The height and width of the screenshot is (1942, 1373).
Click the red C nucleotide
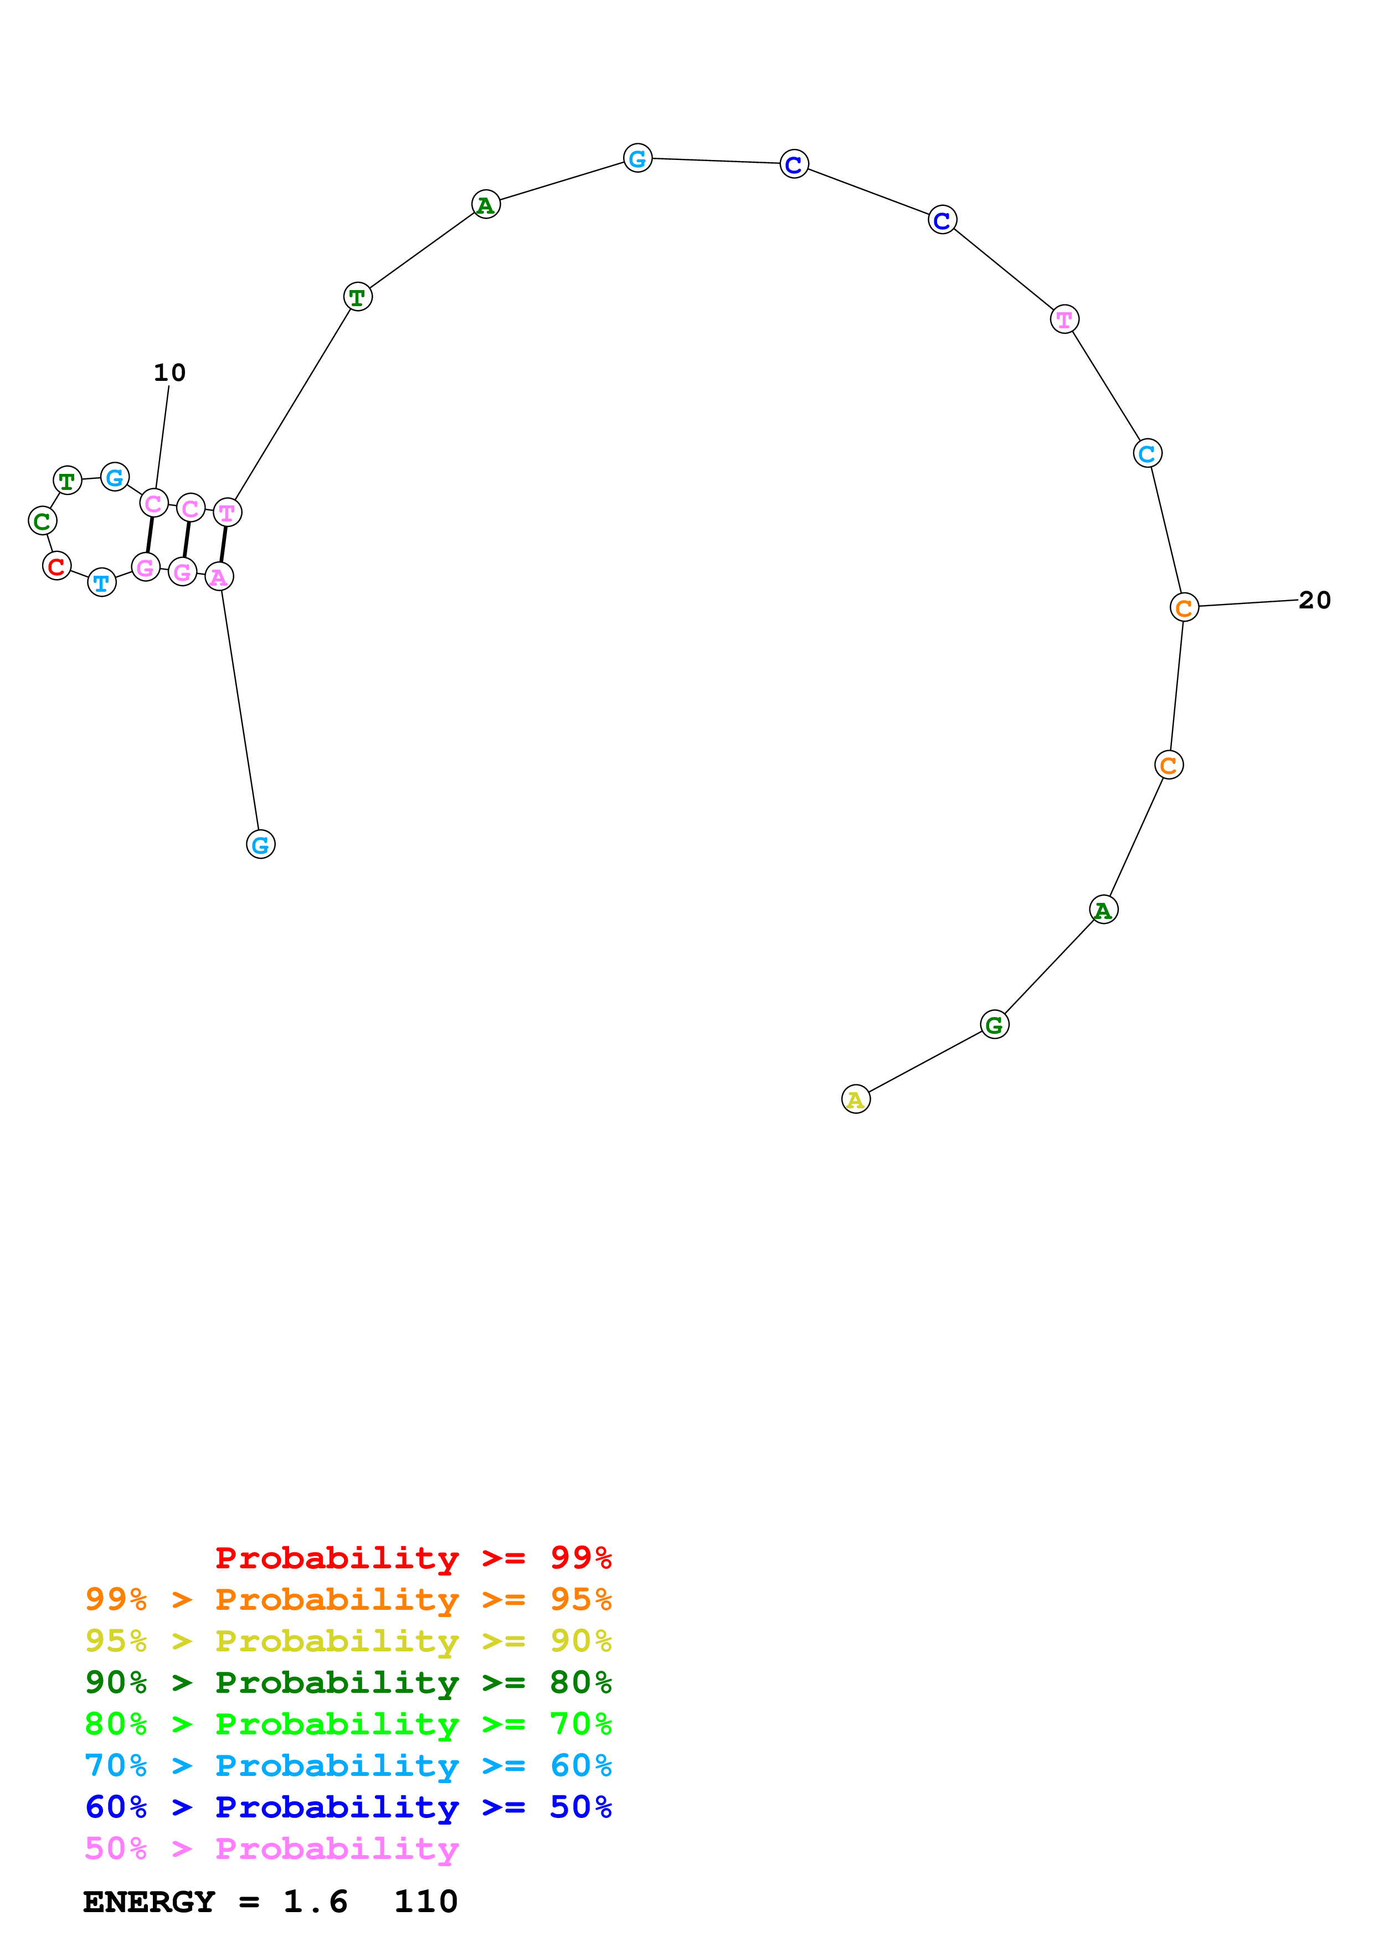point(56,566)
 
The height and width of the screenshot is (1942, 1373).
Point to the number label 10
point(169,372)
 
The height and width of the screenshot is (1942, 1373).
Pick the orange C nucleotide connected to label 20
point(1184,606)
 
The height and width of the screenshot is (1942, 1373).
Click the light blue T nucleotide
point(101,582)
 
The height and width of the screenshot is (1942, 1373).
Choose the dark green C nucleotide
point(42,521)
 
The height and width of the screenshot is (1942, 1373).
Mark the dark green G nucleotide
point(994,1024)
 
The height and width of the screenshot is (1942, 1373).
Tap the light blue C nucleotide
point(1147,453)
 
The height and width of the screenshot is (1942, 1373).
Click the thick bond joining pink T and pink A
point(223,544)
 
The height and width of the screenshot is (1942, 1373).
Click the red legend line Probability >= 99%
point(413,1557)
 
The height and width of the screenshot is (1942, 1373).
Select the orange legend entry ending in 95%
point(348,1599)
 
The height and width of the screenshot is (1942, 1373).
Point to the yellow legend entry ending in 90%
point(348,1640)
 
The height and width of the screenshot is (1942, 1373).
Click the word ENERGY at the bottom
point(149,1902)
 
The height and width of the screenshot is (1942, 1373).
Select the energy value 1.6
point(315,1902)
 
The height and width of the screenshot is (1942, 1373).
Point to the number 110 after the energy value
point(425,1902)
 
